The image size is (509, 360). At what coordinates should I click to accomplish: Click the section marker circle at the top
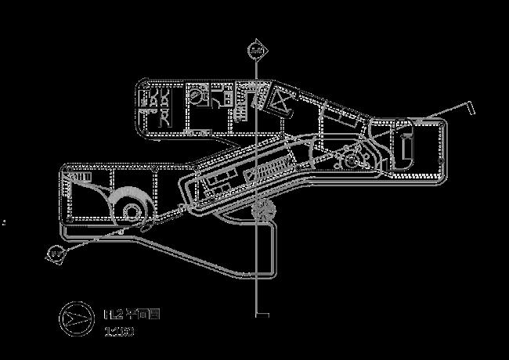(257, 51)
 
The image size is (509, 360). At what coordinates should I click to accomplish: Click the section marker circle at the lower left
(56, 253)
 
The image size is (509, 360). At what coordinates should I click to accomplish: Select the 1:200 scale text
(119, 332)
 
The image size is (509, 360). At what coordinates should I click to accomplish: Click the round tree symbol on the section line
(264, 209)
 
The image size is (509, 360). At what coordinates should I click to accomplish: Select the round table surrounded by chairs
(352, 163)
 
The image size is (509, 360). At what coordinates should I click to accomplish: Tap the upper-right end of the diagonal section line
(470, 107)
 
